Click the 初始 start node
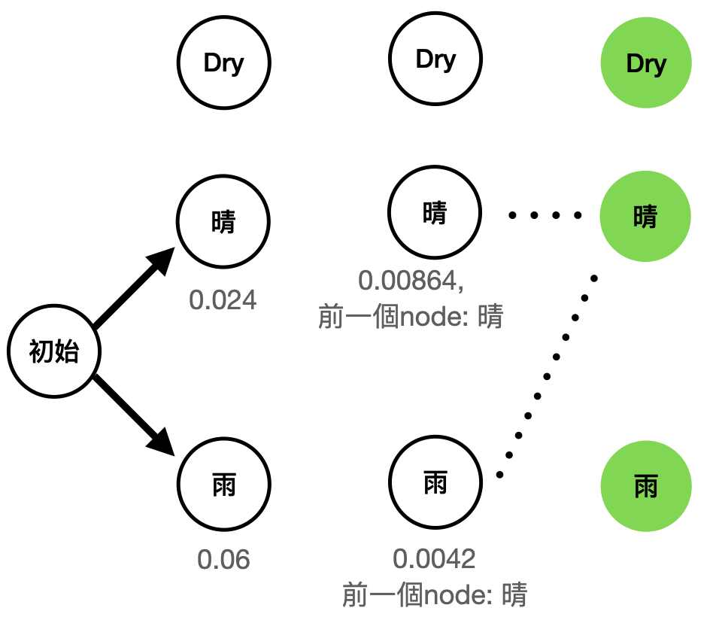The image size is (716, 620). tap(53, 351)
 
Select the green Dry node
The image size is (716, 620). tap(645, 63)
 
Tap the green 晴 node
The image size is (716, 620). tap(645, 217)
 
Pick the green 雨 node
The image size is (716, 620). tap(645, 485)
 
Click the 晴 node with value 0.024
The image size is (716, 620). tap(223, 221)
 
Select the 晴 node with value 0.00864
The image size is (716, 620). tap(435, 214)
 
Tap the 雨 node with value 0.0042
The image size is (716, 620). tap(435, 482)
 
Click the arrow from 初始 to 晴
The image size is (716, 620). tap(132, 290)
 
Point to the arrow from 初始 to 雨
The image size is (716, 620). tap(132, 412)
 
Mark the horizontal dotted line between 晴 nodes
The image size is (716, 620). tap(545, 216)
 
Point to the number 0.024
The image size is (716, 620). tap(223, 300)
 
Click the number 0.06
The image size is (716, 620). tap(223, 560)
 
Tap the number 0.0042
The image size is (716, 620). tap(434, 558)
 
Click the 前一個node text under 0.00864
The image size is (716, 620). tap(410, 317)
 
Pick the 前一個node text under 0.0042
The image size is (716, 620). tap(434, 595)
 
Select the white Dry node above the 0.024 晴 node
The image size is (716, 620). tap(223, 63)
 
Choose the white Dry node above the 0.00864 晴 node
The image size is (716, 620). tap(435, 59)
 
